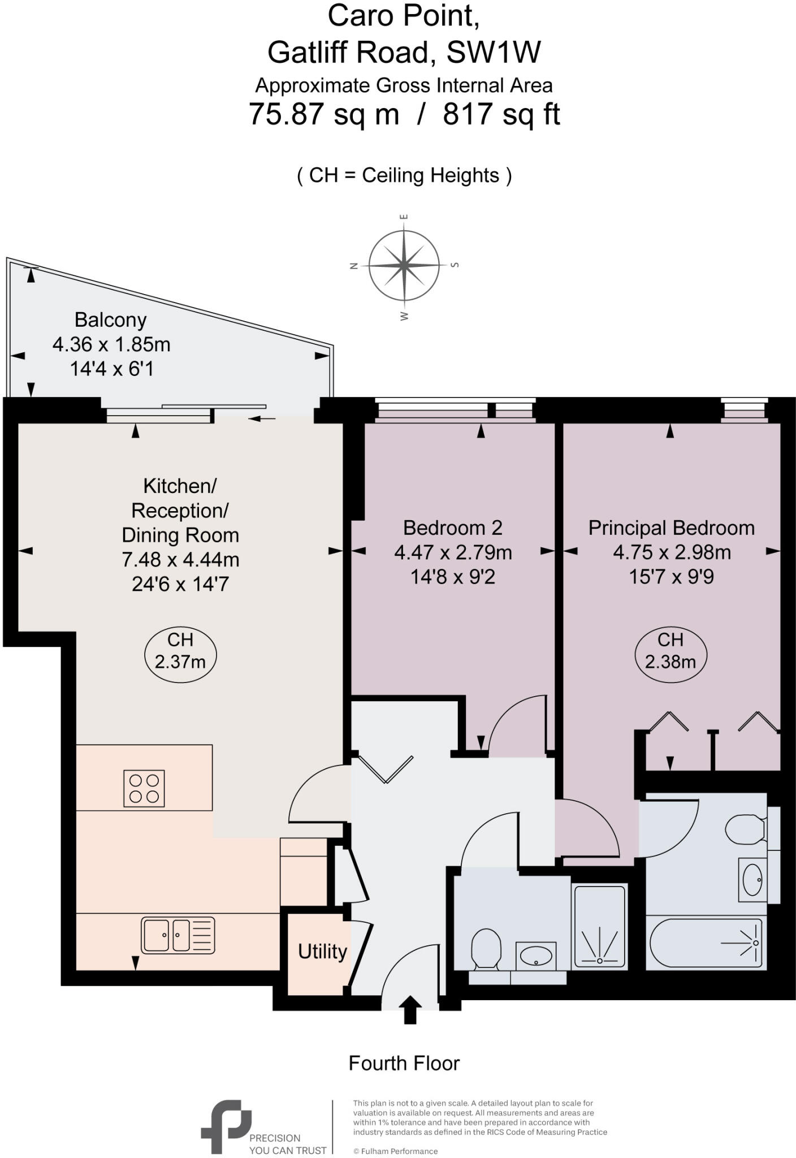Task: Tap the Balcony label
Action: [x=111, y=320]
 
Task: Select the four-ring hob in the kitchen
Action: [x=144, y=788]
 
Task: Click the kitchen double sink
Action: [x=178, y=935]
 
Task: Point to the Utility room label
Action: [x=322, y=952]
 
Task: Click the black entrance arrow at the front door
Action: [x=410, y=1010]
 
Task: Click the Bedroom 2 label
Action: [x=452, y=528]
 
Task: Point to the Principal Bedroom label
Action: [x=671, y=528]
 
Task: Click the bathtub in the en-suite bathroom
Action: [x=706, y=943]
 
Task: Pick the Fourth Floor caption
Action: [x=404, y=1063]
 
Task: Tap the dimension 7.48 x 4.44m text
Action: [x=180, y=560]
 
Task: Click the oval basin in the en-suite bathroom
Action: [x=752, y=879]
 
